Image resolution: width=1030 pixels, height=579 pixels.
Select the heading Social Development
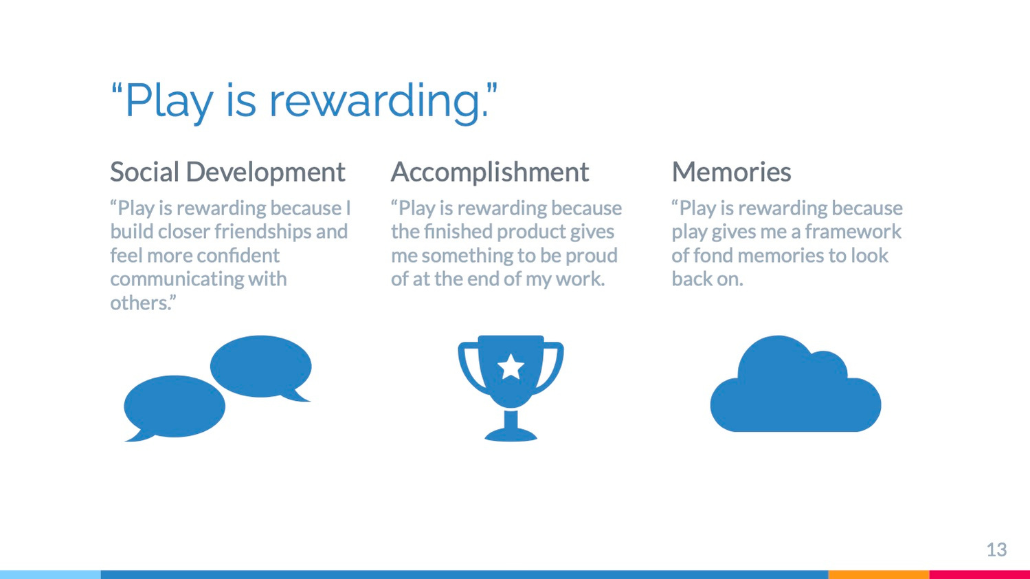pos(227,172)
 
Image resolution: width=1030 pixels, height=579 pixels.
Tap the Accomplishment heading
pos(490,172)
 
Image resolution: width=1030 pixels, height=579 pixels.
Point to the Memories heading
pos(731,172)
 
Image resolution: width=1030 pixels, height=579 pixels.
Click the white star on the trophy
pos(511,367)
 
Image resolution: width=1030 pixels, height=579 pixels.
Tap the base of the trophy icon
pos(511,434)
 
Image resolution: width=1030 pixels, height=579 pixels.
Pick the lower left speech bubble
pos(175,407)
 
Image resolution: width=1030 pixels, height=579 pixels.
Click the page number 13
pos(997,550)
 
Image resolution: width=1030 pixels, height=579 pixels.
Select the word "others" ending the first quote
pos(140,303)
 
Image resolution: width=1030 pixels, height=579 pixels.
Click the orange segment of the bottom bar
pos(879,574)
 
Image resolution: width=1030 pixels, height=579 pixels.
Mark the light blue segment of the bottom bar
pos(51,574)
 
